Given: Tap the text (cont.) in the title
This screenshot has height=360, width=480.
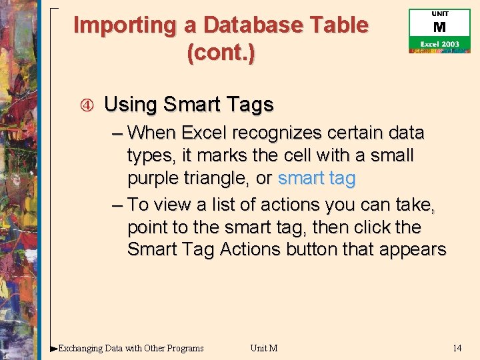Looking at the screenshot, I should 221,53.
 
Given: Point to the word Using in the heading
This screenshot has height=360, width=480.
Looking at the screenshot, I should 131,105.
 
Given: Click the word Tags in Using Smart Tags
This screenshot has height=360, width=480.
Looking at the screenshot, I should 250,105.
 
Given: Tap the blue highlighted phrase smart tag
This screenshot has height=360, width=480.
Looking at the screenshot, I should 317,179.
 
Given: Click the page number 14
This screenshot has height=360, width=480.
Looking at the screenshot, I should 457,348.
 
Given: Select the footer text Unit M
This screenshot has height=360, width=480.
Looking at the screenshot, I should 264,348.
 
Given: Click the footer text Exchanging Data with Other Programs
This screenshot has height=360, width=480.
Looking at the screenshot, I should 131,348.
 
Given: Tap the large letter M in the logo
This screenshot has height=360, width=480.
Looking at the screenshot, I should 439,28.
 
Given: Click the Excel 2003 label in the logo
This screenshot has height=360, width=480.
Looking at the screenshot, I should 439,44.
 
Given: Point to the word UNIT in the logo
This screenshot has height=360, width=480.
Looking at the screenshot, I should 440,14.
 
